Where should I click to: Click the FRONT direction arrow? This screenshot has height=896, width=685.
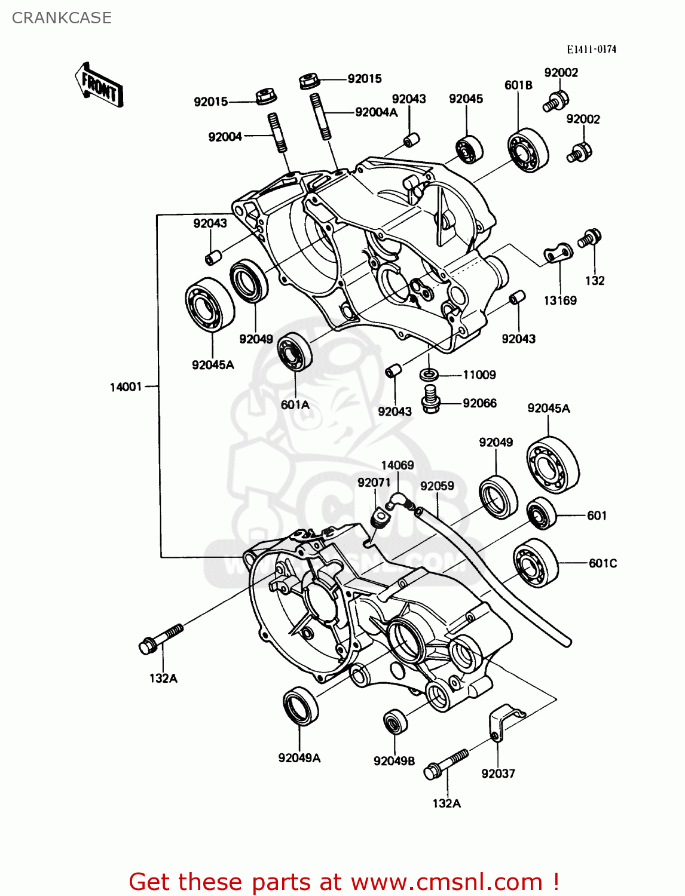point(99,85)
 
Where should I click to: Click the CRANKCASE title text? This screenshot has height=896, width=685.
point(62,18)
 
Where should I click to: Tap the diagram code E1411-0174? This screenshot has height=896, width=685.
point(591,49)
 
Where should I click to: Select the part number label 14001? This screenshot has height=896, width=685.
point(126,387)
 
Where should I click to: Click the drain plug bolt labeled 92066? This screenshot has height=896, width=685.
point(429,399)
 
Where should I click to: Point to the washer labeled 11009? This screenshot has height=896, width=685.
point(429,375)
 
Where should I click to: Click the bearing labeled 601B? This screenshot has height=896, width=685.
point(528,150)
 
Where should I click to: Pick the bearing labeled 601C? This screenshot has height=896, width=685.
point(535,562)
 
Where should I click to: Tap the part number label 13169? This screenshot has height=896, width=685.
point(559,300)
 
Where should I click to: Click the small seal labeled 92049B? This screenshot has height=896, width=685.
point(395,722)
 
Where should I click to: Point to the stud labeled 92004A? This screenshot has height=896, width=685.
point(321,117)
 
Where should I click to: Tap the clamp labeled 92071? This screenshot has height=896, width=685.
point(380,518)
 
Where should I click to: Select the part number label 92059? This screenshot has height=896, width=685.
point(437,486)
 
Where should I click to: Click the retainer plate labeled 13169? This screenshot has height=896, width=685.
point(557,254)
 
